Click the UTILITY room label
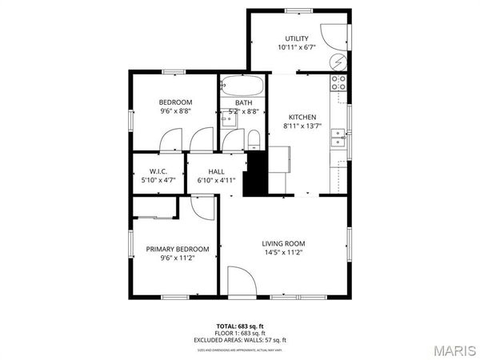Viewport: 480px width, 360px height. tap(297, 38)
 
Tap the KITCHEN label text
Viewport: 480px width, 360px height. tap(302, 117)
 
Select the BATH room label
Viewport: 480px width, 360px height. tap(244, 102)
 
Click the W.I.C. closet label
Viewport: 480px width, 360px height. tap(158, 171)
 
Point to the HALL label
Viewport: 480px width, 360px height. tap(216, 171)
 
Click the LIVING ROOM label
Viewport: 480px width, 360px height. tap(284, 243)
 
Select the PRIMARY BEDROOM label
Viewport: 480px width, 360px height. tap(178, 249)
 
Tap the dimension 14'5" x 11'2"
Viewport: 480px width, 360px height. tap(284, 253)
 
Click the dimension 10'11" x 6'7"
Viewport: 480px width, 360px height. tap(297, 47)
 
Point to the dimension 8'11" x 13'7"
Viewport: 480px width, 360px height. tap(302, 126)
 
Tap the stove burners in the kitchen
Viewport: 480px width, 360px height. tap(338, 80)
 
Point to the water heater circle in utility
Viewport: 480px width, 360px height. tap(338, 62)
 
